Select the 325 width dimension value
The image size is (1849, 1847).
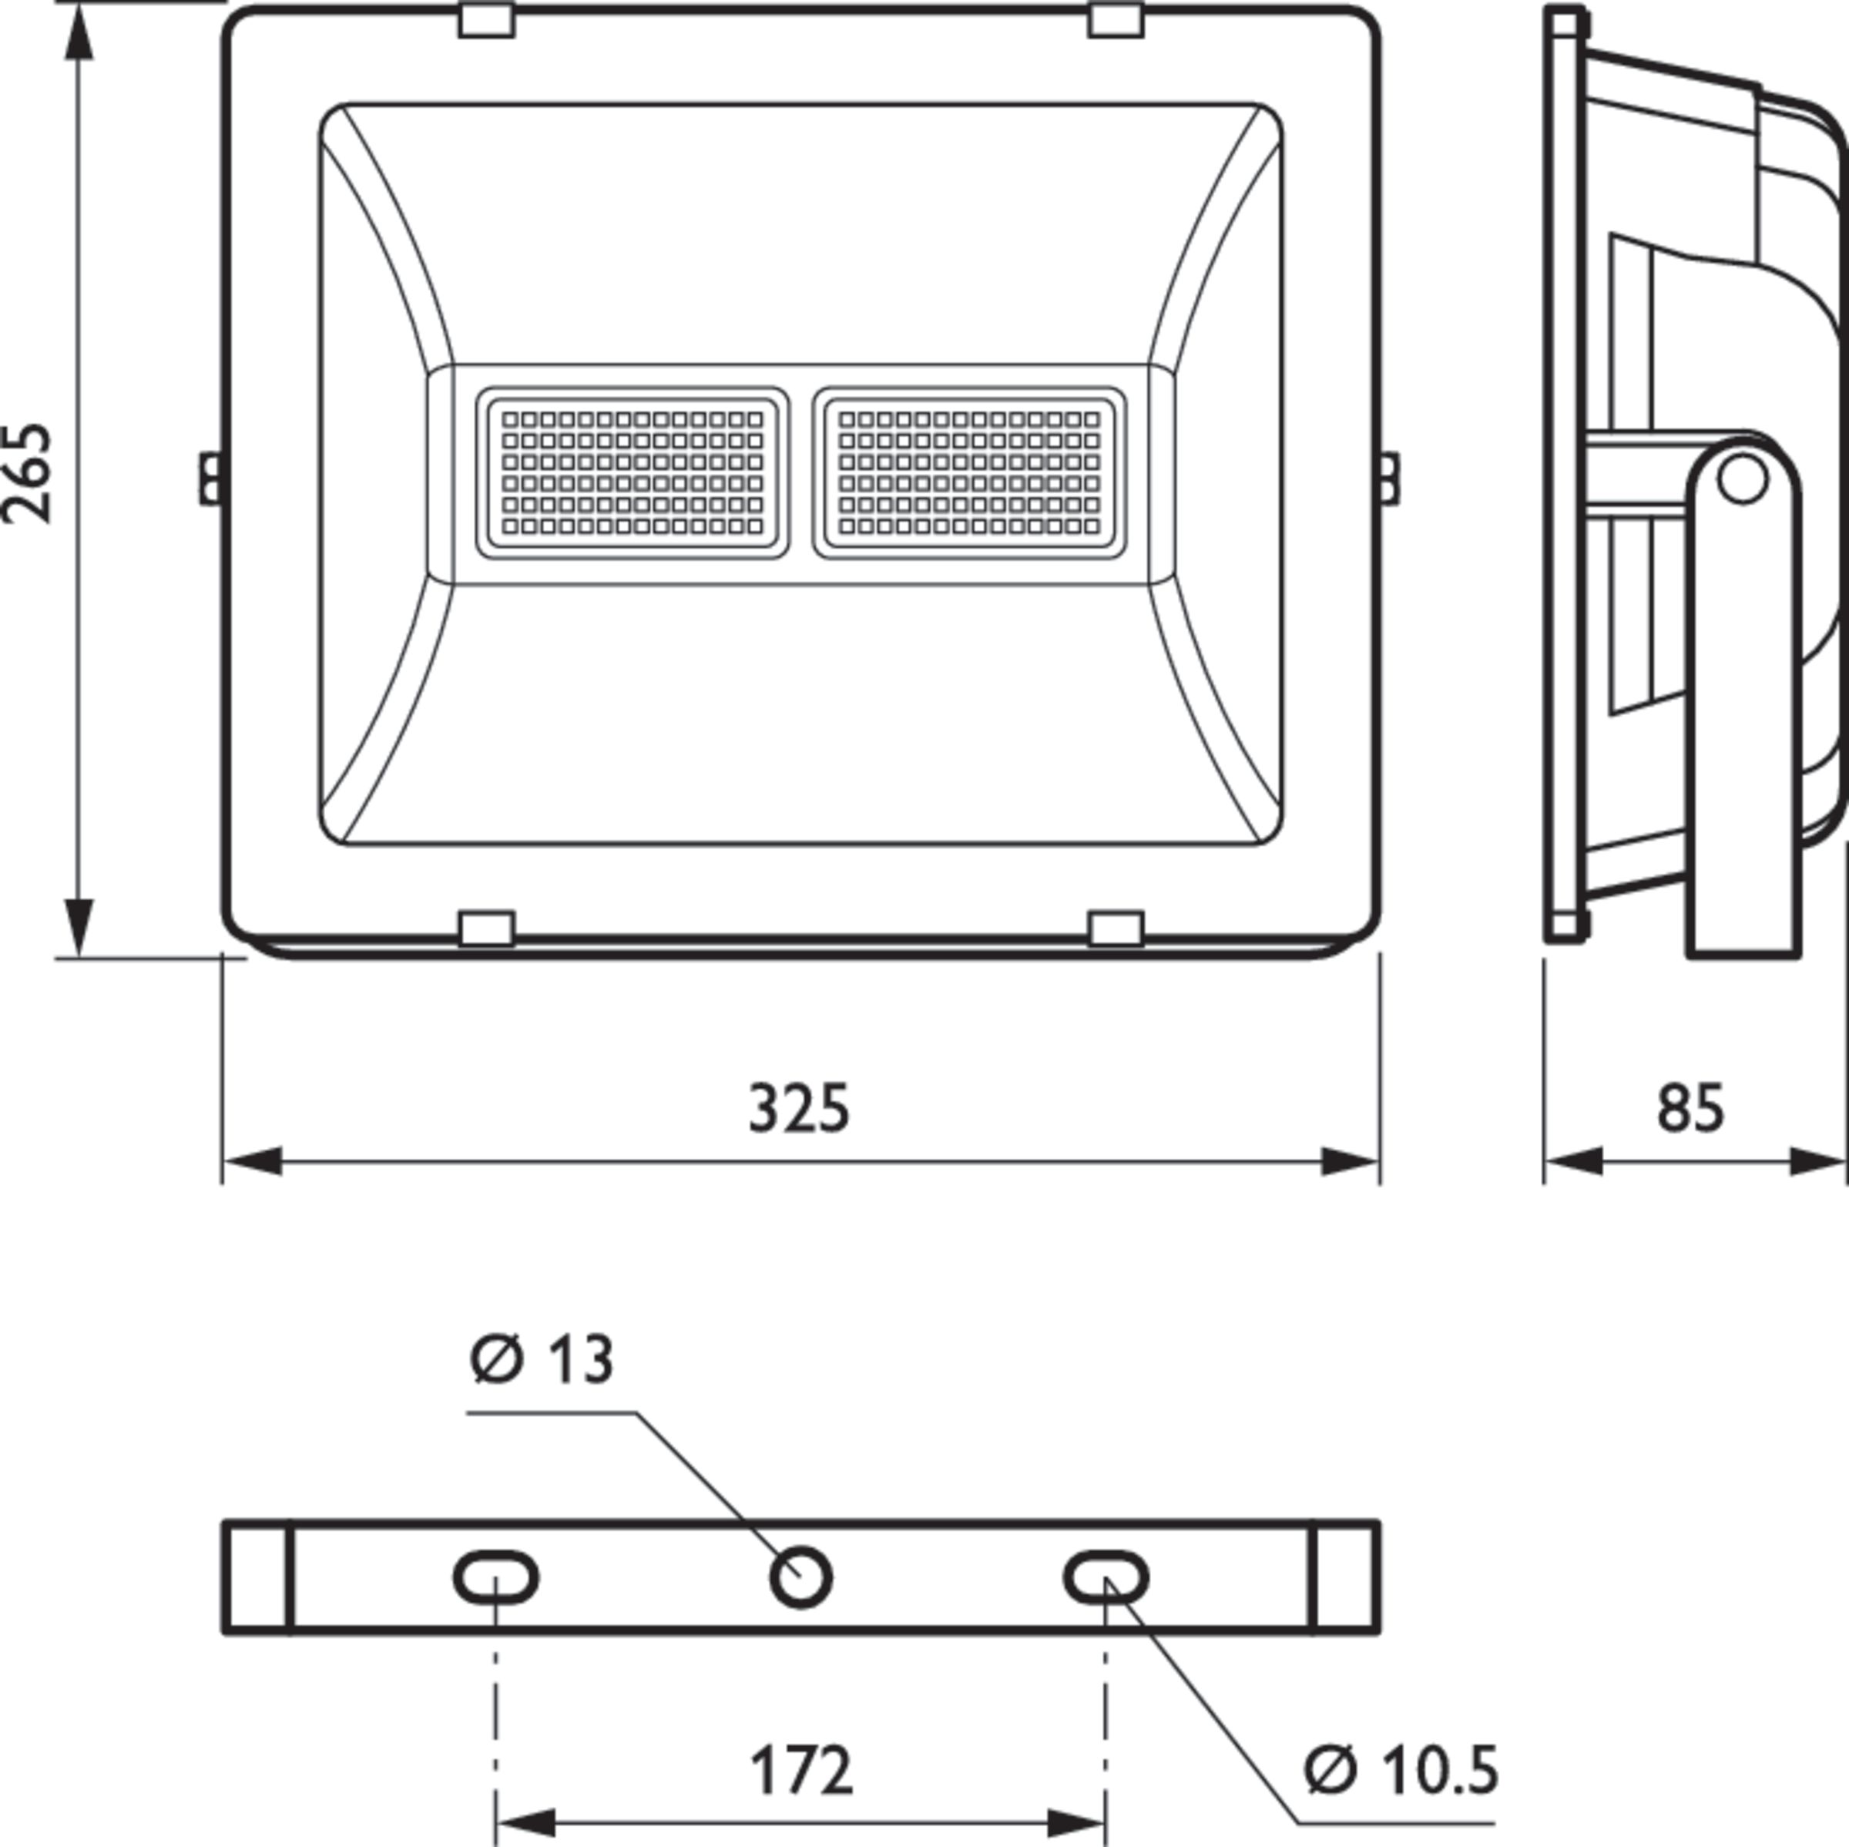point(798,1109)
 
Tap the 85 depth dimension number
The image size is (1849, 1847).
point(1690,1109)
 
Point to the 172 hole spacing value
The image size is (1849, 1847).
point(800,1771)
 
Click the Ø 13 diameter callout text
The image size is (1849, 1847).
point(542,1359)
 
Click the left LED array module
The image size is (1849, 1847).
point(633,473)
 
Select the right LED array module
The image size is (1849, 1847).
point(968,473)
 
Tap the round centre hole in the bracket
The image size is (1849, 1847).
point(801,1577)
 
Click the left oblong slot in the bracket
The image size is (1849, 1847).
point(495,1577)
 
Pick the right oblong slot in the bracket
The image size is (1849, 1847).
point(1106,1577)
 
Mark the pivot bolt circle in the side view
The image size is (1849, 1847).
point(1742,479)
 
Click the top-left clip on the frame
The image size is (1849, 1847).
point(486,20)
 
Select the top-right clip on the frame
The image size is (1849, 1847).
point(1116,20)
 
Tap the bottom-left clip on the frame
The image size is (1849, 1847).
point(486,929)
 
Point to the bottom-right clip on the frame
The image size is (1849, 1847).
point(1116,929)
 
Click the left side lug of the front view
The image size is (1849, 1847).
point(210,479)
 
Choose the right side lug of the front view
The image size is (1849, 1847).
point(1388,479)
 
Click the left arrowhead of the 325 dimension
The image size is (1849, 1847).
point(250,1162)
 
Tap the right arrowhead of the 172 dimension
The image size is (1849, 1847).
point(1078,1823)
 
